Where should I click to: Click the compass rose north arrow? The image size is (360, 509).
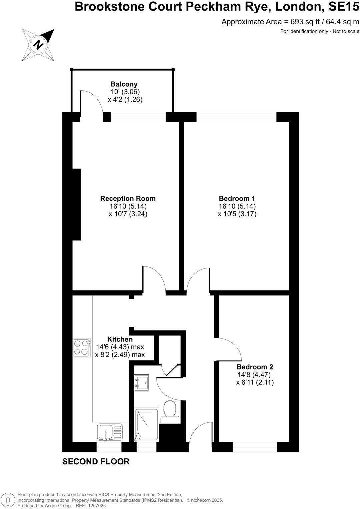click(39, 45)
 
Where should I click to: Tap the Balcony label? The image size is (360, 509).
click(124, 84)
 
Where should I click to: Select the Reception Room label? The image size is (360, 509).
click(128, 199)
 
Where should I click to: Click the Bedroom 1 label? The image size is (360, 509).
click(237, 199)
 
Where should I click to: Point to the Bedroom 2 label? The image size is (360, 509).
click(255, 367)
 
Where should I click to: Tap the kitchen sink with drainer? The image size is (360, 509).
click(110, 432)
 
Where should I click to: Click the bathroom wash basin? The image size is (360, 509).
click(141, 382)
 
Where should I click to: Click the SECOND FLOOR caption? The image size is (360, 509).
click(96, 461)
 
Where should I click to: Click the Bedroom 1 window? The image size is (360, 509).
click(236, 117)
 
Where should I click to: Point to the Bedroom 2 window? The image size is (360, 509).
click(255, 447)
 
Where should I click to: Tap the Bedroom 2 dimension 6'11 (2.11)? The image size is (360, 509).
click(255, 382)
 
